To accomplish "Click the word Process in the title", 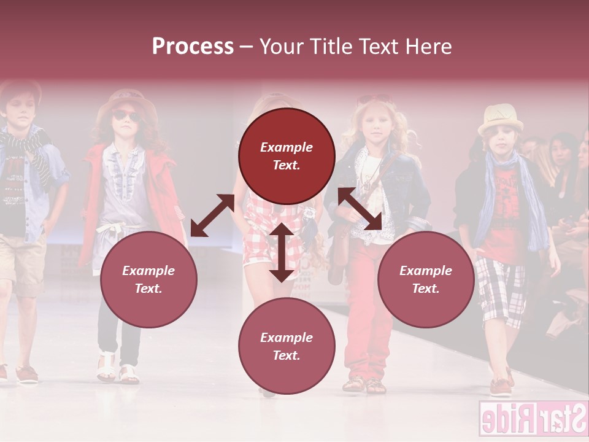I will [x=193, y=47].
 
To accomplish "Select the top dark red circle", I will [x=287, y=156].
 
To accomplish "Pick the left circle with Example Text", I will [x=148, y=279].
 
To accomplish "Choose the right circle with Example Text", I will [x=426, y=279].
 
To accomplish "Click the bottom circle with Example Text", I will [x=287, y=346].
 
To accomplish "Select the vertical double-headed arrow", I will [x=282, y=252].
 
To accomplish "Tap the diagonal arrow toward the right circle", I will [x=360, y=209].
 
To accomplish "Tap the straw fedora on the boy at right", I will [x=501, y=118].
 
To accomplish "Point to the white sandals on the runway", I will [x=117, y=368].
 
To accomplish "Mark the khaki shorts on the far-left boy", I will [x=21, y=264].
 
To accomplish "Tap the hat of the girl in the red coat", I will [x=126, y=101].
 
